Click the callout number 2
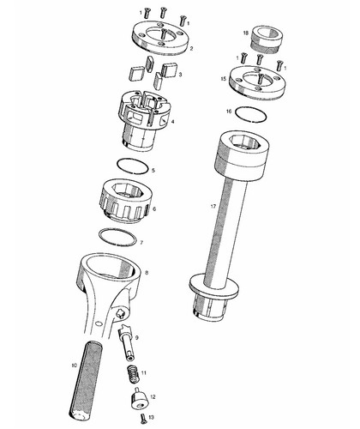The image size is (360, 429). tap(191, 49)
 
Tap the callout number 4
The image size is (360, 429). tap(172, 122)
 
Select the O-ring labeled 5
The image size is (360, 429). tap(133, 166)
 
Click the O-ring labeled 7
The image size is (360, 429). tap(117, 237)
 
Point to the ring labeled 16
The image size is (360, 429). tap(251, 115)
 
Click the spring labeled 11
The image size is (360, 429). tap(133, 375)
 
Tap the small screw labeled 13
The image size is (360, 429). tap(143, 419)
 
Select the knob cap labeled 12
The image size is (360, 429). tap(139, 398)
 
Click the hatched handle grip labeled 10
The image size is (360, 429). tap(83, 380)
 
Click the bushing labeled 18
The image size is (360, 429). tap(267, 39)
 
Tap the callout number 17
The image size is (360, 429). tap(213, 206)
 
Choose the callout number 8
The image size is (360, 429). tap(147, 273)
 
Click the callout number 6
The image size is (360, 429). tap(154, 209)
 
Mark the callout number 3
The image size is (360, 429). tap(180, 75)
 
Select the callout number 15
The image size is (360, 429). tap(224, 78)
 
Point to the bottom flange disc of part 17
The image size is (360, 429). tap(213, 287)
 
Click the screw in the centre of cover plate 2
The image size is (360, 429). tap(164, 35)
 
